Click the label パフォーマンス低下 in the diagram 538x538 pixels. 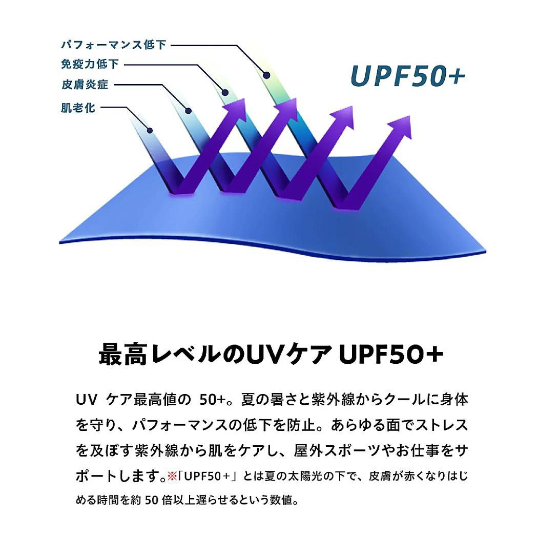click(114, 45)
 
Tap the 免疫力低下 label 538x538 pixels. click(90, 65)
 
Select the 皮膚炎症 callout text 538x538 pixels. click(85, 85)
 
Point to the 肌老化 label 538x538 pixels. click(78, 108)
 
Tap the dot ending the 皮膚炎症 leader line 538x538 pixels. click(188, 110)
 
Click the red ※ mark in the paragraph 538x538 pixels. click(172, 475)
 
